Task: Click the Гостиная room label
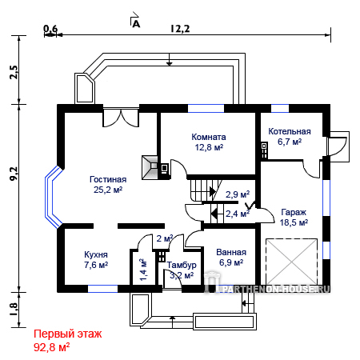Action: coord(108,179)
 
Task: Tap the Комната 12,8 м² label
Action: coord(209,142)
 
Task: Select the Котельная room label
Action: coord(290,131)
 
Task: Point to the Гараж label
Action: coord(294,212)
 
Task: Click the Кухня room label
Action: coord(96,254)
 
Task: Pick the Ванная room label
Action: coord(231,252)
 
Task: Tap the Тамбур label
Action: coord(182,265)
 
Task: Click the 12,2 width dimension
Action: coord(180,29)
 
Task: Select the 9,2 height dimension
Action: coord(14,174)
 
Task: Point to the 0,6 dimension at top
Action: coord(50,29)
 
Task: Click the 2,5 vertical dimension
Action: coord(14,72)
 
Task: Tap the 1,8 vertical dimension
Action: coord(14,310)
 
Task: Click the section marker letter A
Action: coord(136,24)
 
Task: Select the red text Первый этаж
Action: coord(68,334)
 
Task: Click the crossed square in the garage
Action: coord(292,262)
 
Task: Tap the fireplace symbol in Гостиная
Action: coord(150,167)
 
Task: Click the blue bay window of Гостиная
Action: coord(54,197)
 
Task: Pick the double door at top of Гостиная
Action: coord(121,118)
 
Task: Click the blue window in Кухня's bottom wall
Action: coord(102,289)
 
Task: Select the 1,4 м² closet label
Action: coord(143,270)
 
